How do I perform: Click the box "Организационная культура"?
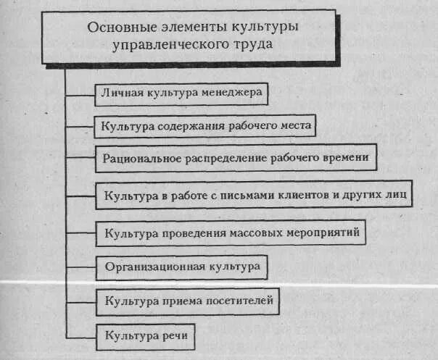click(182, 267)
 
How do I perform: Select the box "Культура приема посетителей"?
click(188, 300)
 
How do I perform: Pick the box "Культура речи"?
click(146, 335)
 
